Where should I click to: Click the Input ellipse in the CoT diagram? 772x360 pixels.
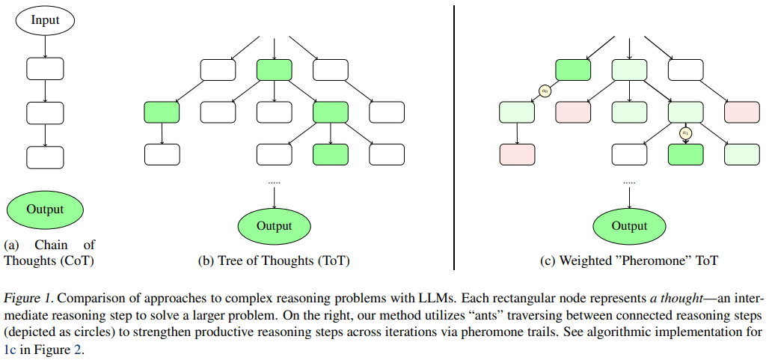[x=46, y=19]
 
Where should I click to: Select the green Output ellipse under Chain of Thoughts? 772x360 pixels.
[x=46, y=210]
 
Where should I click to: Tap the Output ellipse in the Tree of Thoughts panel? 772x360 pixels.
[x=275, y=226]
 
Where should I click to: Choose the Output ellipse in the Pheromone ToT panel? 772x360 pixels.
[x=629, y=226]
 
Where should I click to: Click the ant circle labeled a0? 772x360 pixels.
[x=545, y=91]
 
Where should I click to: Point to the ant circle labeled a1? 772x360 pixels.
[x=684, y=133]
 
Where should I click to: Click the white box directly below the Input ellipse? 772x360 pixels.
[x=46, y=70]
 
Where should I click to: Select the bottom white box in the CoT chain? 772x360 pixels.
[x=46, y=156]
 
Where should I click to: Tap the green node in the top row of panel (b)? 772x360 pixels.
[x=274, y=70]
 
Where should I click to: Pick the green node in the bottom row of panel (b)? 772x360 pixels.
[x=331, y=154]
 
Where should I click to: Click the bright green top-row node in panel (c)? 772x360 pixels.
[x=573, y=70]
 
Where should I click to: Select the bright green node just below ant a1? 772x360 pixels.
[x=685, y=154]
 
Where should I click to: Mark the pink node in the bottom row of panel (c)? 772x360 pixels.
[x=517, y=154]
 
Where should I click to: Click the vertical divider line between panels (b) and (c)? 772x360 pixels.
[x=455, y=135]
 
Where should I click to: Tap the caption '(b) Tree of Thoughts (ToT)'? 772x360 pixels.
[x=274, y=261]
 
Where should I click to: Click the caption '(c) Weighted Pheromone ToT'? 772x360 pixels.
[x=629, y=261]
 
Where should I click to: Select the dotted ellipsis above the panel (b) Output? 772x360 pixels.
[x=275, y=182]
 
